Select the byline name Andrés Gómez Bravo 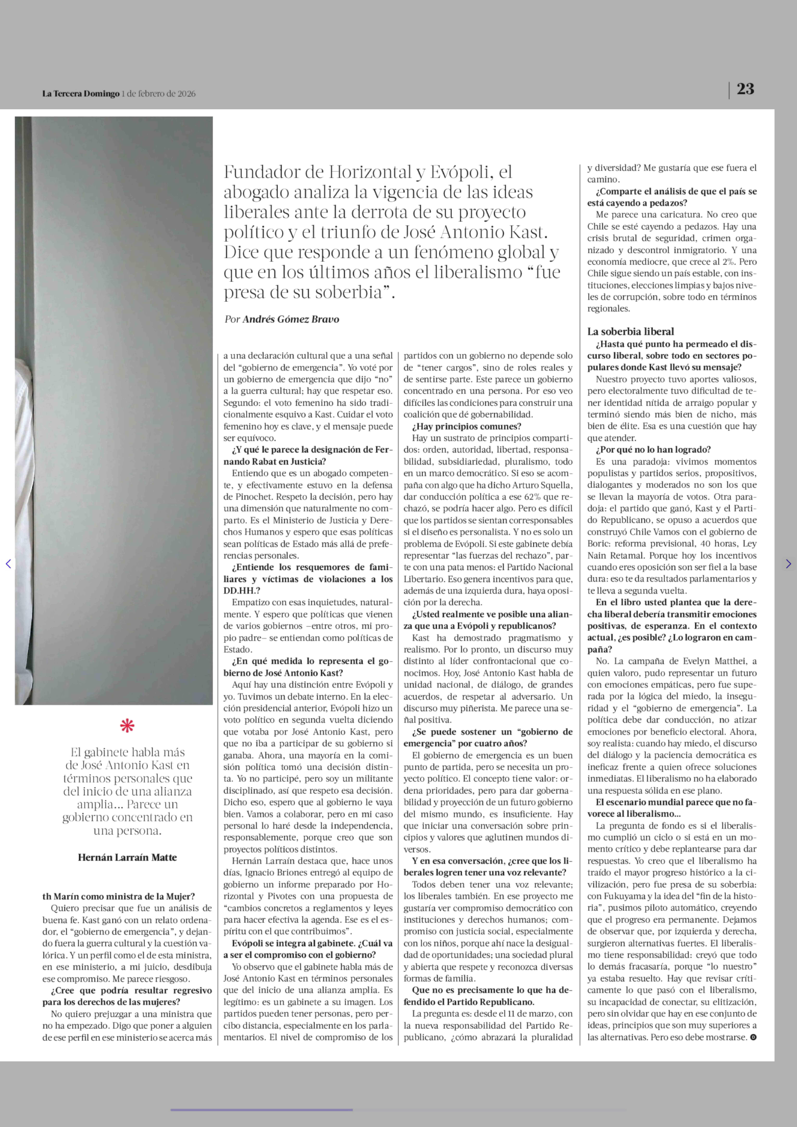point(291,319)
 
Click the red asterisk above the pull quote point(127,725)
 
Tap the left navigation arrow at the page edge point(8,564)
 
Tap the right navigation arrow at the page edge point(788,564)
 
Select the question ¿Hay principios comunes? point(466,426)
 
